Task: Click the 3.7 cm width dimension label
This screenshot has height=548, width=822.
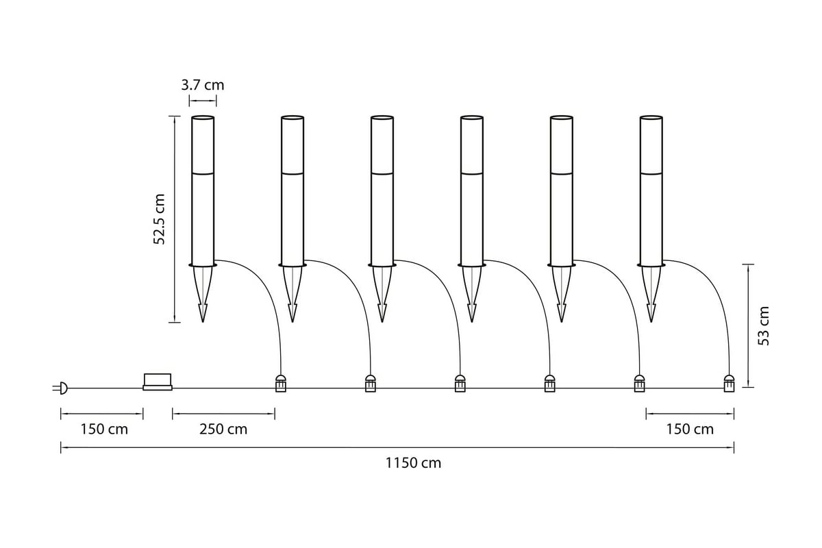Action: tap(202, 85)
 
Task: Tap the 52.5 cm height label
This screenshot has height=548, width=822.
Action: tap(159, 219)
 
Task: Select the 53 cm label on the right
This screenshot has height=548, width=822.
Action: tap(763, 326)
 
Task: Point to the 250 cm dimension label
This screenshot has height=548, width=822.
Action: tap(223, 429)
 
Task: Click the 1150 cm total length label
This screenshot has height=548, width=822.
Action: tap(413, 463)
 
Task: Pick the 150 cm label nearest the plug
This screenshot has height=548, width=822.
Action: tap(104, 429)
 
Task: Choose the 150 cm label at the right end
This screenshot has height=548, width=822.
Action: tap(690, 429)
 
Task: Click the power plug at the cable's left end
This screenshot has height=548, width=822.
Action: tap(61, 388)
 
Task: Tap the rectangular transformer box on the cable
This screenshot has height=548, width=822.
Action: tap(158, 382)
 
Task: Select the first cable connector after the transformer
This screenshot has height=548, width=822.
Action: tap(281, 383)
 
